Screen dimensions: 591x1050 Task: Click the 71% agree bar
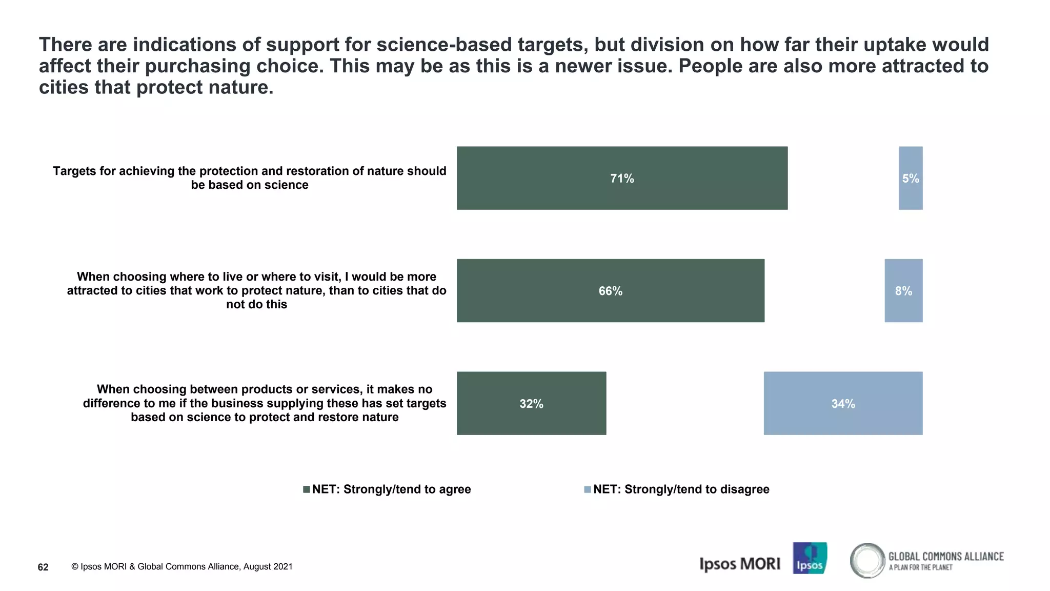pyautogui.click(x=622, y=178)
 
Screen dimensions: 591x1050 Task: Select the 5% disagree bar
pyautogui.click(x=910, y=178)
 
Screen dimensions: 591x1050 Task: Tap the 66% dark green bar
pyautogui.click(x=610, y=290)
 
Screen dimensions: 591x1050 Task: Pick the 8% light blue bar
pyautogui.click(x=903, y=290)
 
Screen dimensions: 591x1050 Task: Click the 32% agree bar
pyautogui.click(x=531, y=403)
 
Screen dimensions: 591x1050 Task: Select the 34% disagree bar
pyautogui.click(x=843, y=403)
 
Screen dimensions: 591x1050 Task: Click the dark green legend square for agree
pyautogui.click(x=307, y=489)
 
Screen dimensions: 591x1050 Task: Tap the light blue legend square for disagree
pyautogui.click(x=588, y=489)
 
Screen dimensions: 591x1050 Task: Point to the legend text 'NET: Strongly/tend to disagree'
pyautogui.click(x=681, y=489)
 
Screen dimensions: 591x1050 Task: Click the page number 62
pyautogui.click(x=43, y=567)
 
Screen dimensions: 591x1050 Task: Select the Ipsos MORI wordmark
pyautogui.click(x=739, y=564)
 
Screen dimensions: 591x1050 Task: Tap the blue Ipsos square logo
pyautogui.click(x=810, y=558)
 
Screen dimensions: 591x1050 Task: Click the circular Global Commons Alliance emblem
pyautogui.click(x=867, y=560)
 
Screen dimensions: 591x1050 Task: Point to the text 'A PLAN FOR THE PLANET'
pyautogui.click(x=920, y=567)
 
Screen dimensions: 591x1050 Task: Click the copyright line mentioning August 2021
pyautogui.click(x=182, y=566)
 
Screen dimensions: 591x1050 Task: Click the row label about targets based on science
pyautogui.click(x=250, y=178)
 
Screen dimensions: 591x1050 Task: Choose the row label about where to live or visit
pyautogui.click(x=256, y=290)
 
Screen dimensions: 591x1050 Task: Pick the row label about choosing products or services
pyautogui.click(x=265, y=403)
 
